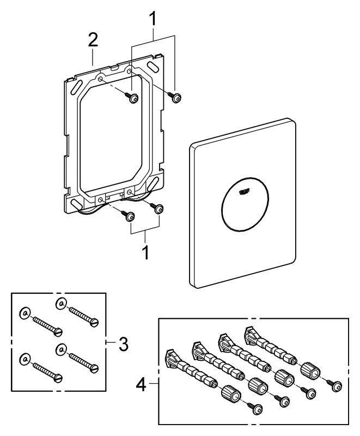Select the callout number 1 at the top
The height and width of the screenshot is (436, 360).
click(154, 19)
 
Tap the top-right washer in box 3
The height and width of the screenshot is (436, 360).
click(60, 302)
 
